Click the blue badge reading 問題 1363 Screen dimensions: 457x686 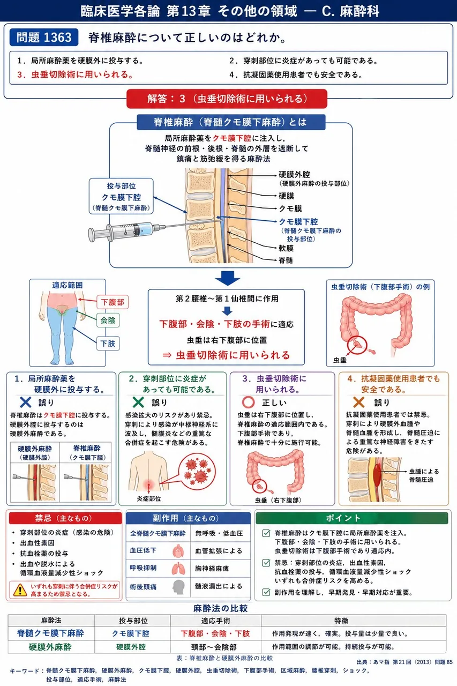click(44, 38)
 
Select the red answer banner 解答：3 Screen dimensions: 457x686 click(227, 99)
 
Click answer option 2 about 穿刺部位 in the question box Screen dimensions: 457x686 click(304, 61)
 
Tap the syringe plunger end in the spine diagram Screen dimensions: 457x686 click(91, 235)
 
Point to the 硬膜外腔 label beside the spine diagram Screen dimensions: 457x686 click(294, 175)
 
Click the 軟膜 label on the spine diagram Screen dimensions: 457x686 click(286, 248)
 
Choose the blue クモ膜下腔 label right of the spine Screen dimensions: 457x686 click(298, 222)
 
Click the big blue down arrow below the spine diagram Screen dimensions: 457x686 click(228, 278)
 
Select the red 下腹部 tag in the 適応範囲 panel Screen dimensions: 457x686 click(113, 302)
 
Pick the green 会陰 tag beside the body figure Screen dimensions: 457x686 click(108, 320)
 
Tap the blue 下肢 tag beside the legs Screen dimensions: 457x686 click(108, 344)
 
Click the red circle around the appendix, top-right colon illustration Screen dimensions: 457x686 click(357, 345)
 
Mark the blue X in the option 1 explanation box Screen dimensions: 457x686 click(25, 402)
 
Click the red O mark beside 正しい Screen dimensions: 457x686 click(248, 402)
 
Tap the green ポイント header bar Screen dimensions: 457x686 click(351, 518)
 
